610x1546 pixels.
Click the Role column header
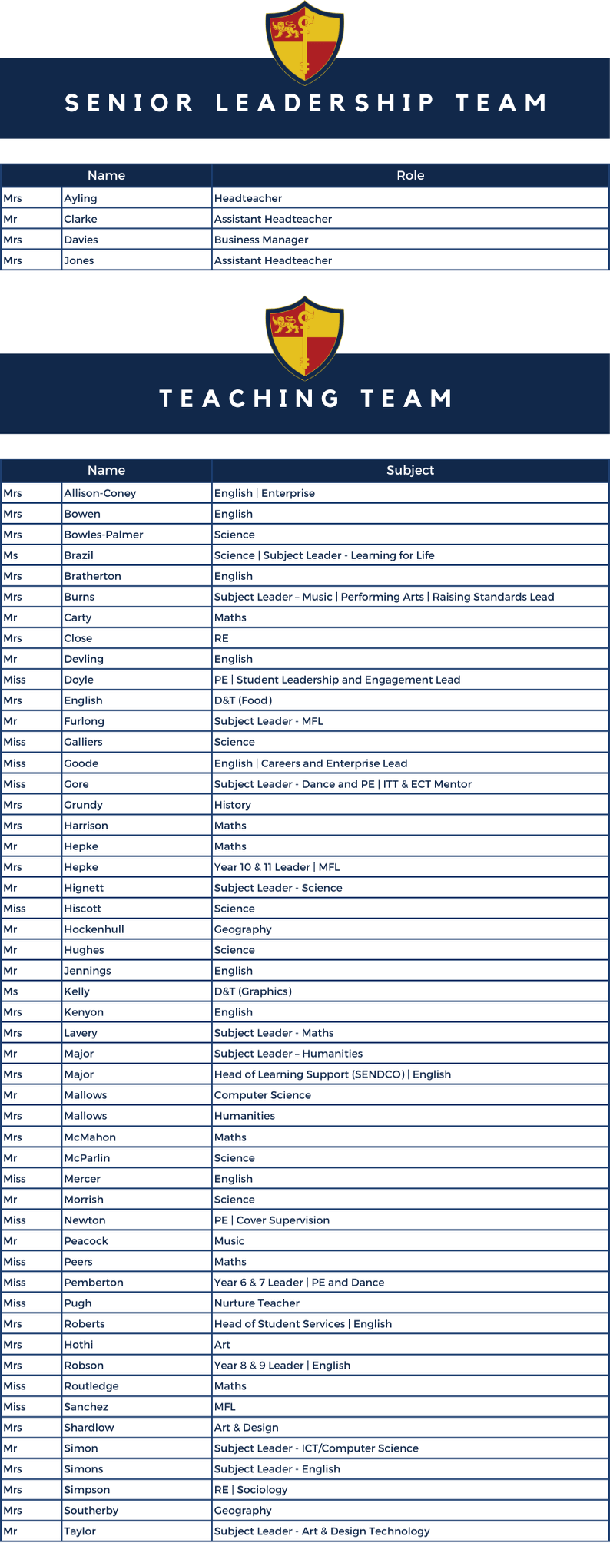click(410, 176)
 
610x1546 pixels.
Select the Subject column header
click(410, 471)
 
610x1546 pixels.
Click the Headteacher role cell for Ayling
click(248, 199)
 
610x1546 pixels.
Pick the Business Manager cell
click(261, 240)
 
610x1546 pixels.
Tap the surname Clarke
click(81, 220)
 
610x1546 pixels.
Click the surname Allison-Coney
click(100, 494)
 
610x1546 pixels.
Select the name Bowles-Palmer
click(104, 535)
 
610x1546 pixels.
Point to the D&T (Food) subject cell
click(243, 701)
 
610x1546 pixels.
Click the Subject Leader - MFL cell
click(268, 722)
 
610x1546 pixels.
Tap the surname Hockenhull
click(94, 929)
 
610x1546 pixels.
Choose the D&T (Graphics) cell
click(253, 991)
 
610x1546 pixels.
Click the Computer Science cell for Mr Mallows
click(263, 1095)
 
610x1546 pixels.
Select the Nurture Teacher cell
click(257, 1303)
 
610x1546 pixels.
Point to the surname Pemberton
click(94, 1283)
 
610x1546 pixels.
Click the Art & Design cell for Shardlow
click(246, 1428)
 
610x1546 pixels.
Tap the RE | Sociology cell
click(250, 1490)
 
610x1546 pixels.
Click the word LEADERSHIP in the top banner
click(325, 104)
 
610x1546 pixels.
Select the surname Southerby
click(91, 1511)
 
